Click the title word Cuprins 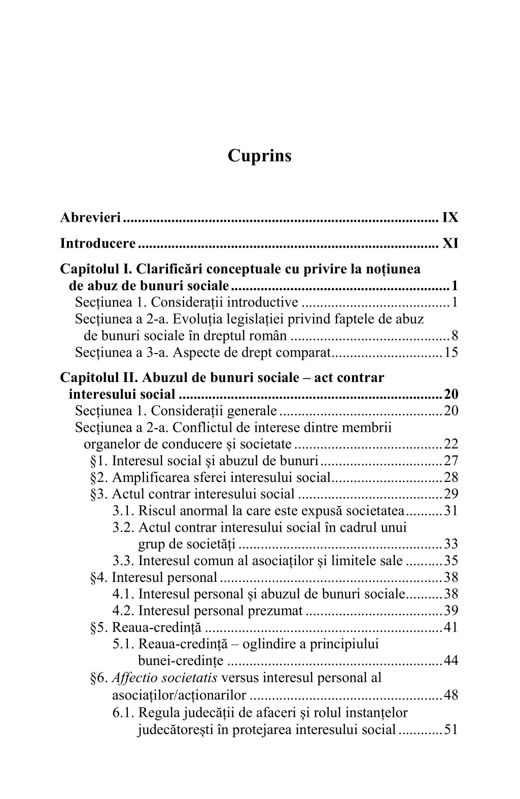point(260,156)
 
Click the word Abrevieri point(90,218)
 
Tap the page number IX point(450,218)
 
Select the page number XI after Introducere point(450,244)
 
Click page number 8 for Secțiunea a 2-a point(455,336)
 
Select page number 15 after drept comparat point(451,352)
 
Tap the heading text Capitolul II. point(98,378)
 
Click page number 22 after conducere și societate point(451,444)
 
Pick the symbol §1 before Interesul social point(99,461)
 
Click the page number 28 point(451,477)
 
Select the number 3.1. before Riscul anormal point(123,511)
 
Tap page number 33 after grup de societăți point(451,544)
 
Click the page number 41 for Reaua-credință point(451,628)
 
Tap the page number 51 point(451,730)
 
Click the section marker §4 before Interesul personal point(99,577)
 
